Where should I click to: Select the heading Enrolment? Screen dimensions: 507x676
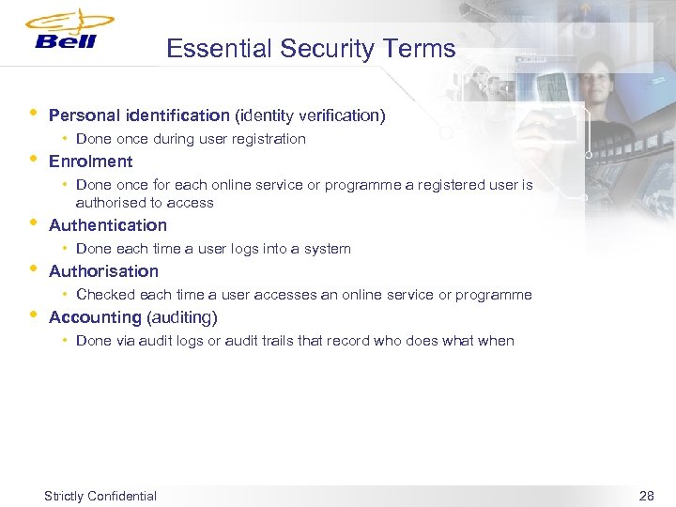(90, 161)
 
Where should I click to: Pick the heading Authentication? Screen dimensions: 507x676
(107, 225)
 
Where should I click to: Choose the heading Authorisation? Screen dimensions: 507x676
(103, 271)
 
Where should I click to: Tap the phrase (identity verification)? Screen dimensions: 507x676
(310, 115)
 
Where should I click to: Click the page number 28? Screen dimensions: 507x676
(646, 496)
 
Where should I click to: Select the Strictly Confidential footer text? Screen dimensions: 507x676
(100, 496)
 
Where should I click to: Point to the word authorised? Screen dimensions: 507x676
(108, 203)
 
